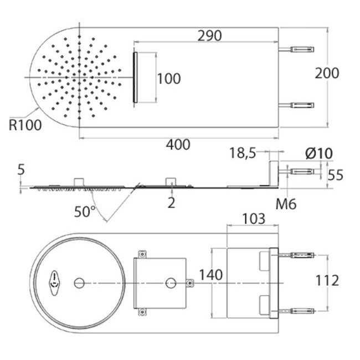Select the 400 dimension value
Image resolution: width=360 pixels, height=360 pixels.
[178, 145]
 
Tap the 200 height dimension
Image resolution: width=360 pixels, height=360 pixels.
[327, 73]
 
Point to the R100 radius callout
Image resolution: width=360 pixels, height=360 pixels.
[25, 125]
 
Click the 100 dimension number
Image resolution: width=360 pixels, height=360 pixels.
[168, 79]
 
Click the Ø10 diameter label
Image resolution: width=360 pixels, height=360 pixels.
[318, 153]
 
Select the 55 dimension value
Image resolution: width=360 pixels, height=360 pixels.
[335, 175]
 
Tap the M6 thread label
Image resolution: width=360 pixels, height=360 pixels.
[286, 204]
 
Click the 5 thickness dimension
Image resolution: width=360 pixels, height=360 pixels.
[21, 169]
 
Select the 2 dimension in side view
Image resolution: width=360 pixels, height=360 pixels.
[171, 203]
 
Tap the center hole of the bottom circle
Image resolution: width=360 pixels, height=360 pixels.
[79, 283]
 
